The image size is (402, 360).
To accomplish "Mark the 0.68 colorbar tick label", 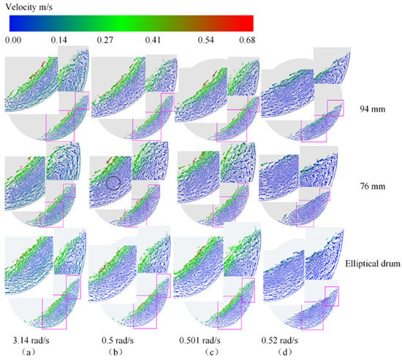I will pos(246,40).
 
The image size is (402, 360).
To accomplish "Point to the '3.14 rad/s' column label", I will pos(31,340).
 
